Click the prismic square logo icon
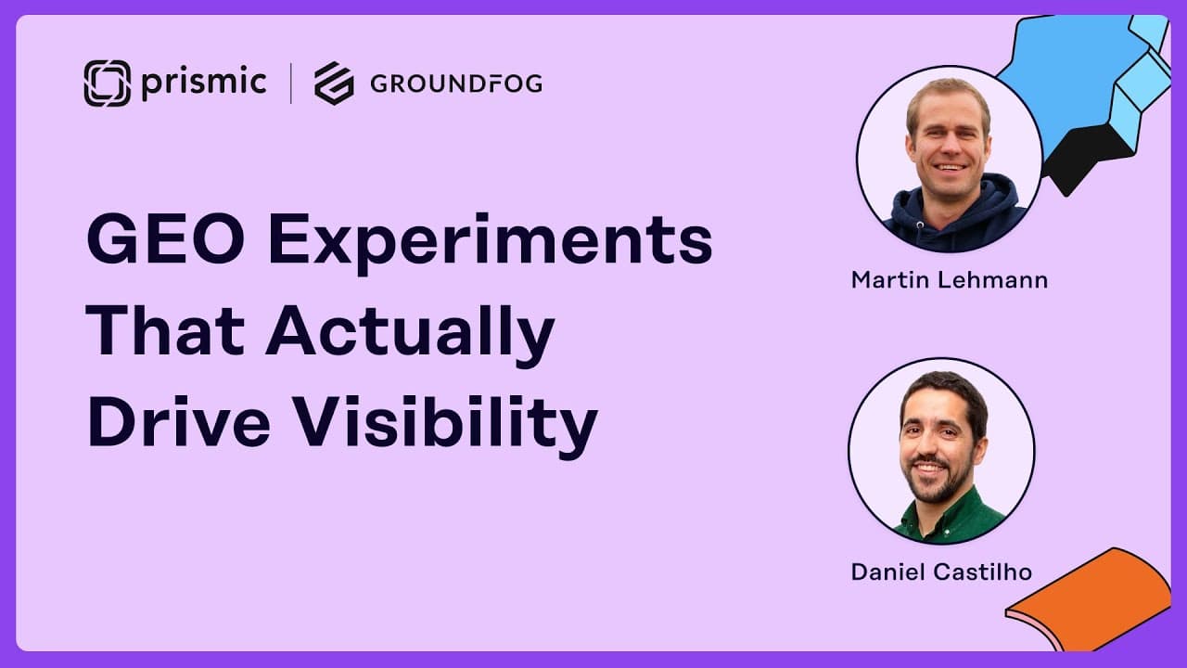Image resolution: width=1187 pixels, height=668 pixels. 107,83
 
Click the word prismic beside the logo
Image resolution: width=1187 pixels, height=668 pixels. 204,83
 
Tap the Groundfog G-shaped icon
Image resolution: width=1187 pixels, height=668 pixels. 334,83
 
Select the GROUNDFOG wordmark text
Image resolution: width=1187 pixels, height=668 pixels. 456,83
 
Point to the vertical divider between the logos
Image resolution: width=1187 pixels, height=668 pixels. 291,83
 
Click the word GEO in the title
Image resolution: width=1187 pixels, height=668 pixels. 166,238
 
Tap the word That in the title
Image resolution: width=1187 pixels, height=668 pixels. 165,330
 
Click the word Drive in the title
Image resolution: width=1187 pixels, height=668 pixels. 179,422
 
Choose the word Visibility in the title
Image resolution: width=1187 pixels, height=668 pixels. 446,427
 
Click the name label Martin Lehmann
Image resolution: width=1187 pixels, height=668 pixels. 950,280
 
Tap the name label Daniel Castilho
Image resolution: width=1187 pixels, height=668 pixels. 941,572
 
